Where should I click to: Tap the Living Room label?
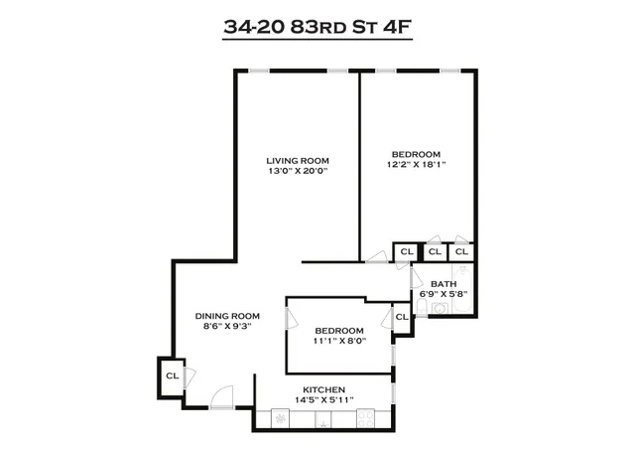click(x=298, y=161)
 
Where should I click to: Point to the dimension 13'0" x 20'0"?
click(x=298, y=172)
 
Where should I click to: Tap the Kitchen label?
click(x=324, y=388)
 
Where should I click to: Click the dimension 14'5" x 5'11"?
click(x=324, y=399)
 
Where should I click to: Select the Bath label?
click(x=444, y=283)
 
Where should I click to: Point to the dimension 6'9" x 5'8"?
click(x=444, y=294)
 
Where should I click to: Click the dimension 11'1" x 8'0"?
click(x=339, y=342)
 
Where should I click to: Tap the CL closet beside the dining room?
click(x=172, y=376)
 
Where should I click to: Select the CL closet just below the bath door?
click(x=402, y=317)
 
